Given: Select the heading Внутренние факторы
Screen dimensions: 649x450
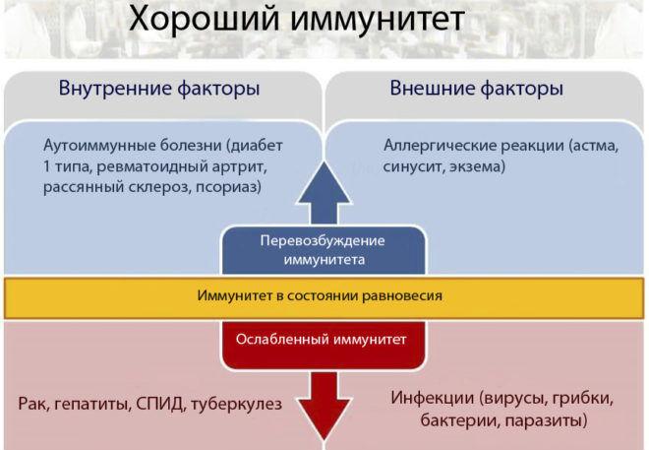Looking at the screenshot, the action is click(x=159, y=89).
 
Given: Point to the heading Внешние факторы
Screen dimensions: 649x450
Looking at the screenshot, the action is click(x=476, y=89).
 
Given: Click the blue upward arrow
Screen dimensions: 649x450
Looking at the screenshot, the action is click(x=324, y=194).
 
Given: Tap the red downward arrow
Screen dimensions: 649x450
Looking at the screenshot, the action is click(x=324, y=404).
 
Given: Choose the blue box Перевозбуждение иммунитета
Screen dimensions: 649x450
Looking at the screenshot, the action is click(x=324, y=250).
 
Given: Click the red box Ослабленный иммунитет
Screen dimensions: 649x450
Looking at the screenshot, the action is click(x=324, y=345).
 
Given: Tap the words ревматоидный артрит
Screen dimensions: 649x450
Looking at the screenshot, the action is click(x=182, y=166).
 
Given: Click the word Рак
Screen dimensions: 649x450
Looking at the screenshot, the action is click(x=33, y=404).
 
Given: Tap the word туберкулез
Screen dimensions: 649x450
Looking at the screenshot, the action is click(x=236, y=404).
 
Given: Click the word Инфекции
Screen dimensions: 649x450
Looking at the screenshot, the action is click(x=432, y=398).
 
